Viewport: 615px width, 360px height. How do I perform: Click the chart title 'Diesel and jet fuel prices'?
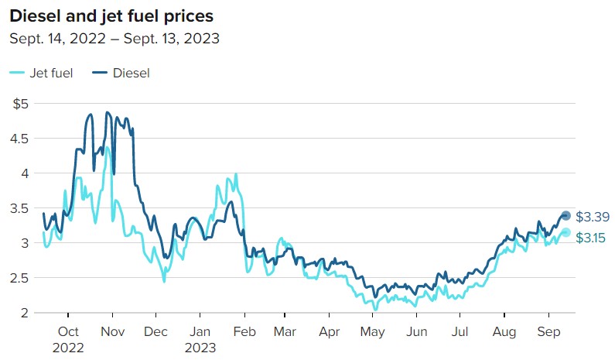coord(111,15)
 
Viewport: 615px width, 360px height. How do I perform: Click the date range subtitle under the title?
coord(114,38)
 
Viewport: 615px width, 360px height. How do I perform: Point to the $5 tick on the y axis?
coord(22,103)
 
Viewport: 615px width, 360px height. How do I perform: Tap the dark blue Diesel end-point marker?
coord(565,215)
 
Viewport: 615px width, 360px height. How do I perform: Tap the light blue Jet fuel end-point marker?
coord(565,232)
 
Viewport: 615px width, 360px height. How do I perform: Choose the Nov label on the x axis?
coord(113,333)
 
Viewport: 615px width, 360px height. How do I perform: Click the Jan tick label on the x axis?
coord(200,333)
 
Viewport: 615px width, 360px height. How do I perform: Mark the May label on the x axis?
coord(374,333)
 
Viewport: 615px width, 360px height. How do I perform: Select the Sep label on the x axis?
coord(548,333)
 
